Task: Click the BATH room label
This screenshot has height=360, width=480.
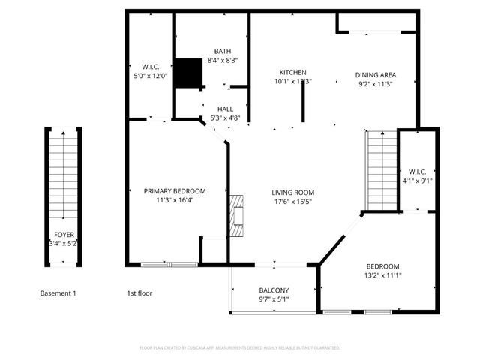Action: pyautogui.click(x=222, y=51)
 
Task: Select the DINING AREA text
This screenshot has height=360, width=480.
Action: pyautogui.click(x=375, y=75)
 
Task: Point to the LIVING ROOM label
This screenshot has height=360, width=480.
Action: pyautogui.click(x=292, y=193)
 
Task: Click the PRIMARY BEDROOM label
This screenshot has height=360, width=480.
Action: pyautogui.click(x=175, y=191)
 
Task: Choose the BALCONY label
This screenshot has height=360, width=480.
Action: pyautogui.click(x=274, y=290)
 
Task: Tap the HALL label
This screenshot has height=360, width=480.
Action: pyautogui.click(x=225, y=109)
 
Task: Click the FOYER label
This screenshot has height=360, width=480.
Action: pyautogui.click(x=64, y=234)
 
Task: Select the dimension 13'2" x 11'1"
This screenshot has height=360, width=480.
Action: pyautogui.click(x=382, y=276)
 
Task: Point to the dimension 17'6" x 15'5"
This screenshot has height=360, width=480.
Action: pyautogui.click(x=292, y=202)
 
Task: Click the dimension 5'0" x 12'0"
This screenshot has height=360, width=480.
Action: pyautogui.click(x=150, y=75)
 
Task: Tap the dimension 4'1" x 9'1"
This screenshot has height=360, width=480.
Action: pyautogui.click(x=417, y=180)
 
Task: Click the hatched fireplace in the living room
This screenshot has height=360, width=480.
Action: pyautogui.click(x=238, y=216)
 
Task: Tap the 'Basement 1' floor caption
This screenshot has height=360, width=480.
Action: pyautogui.click(x=58, y=293)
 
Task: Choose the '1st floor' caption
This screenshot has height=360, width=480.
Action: pyautogui.click(x=139, y=293)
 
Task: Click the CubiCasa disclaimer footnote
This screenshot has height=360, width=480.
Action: pyautogui.click(x=240, y=348)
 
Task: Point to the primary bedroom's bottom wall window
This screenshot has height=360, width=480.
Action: pyautogui.click(x=169, y=264)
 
